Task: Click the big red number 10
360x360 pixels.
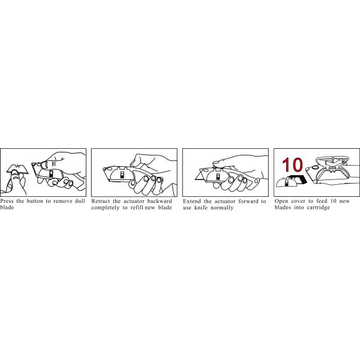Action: pos(292,165)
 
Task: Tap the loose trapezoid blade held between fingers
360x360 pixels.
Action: pos(17,169)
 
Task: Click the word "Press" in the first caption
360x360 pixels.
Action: pos(7,201)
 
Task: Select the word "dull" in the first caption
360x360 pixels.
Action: pos(80,201)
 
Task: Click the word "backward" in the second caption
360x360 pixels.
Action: pos(160,201)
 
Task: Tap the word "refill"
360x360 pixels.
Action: pos(137,208)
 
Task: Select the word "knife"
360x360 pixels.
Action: pos(201,208)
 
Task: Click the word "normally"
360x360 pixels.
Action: pos(222,208)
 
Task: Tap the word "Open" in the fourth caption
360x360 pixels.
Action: pos(281,201)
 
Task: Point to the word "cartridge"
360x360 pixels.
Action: pos(317,208)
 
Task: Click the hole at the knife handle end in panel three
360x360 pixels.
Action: pos(256,181)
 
